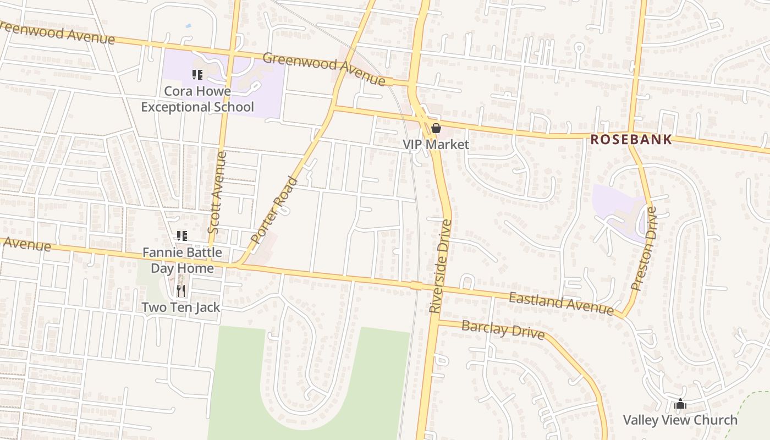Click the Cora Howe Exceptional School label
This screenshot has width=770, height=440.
(197, 99)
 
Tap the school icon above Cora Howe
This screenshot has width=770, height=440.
(197, 74)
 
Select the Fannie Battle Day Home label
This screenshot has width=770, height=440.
(182, 260)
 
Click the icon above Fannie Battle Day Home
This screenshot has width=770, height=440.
(182, 236)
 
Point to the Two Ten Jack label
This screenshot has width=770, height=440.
(181, 307)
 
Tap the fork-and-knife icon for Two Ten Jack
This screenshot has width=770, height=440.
(181, 290)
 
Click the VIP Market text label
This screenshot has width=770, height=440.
(436, 145)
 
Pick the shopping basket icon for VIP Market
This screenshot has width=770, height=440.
(436, 129)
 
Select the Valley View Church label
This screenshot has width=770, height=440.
(680, 420)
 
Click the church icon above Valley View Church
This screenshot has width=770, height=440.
(680, 404)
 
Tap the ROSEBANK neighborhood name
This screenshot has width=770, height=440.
(631, 140)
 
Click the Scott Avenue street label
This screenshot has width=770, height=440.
(217, 193)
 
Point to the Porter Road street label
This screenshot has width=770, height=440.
(274, 210)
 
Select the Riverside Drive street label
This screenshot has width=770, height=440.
(441, 267)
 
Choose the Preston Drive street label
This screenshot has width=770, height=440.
(644, 249)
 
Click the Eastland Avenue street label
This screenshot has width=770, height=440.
(560, 304)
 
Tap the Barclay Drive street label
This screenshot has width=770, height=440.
(503, 331)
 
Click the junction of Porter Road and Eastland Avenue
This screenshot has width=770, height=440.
(238, 266)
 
